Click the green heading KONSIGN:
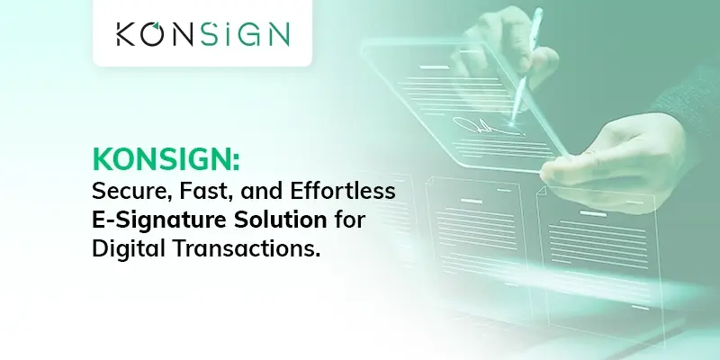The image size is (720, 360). click(166, 159)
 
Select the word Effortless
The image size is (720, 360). click(343, 191)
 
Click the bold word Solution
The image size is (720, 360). click(280, 220)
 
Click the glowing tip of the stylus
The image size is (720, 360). click(511, 122)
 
